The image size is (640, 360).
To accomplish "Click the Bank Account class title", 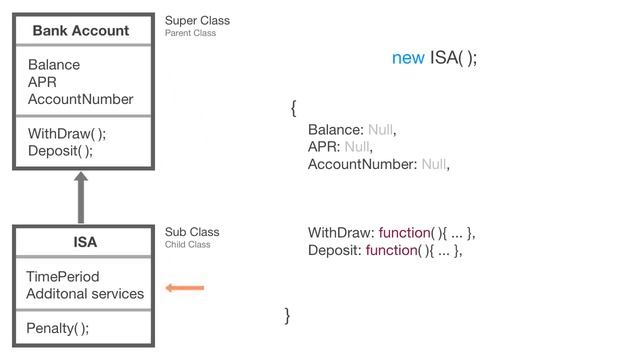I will tap(80, 31).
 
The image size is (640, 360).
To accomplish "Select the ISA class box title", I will tap(85, 242).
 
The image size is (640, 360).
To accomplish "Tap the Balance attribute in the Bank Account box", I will tap(54, 65).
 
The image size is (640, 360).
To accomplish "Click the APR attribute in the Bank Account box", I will tap(42, 82).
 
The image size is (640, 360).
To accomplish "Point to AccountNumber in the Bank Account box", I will tap(80, 99).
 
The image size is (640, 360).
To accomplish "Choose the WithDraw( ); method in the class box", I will tap(67, 134).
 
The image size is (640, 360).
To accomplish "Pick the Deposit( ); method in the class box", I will tap(60, 151).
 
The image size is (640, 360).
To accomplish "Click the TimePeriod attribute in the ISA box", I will tap(63, 277).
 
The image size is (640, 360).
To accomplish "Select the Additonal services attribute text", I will tap(85, 294).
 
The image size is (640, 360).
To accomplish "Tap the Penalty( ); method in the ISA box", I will tap(57, 328).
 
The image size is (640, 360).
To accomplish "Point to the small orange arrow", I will tap(185, 289).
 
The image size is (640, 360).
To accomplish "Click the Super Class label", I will tap(197, 20).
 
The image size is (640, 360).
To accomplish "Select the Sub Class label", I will tap(192, 232).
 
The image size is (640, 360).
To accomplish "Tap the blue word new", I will tap(408, 58).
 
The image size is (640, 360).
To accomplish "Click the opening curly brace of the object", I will tap(293, 107).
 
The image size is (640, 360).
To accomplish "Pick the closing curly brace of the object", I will tap(288, 316).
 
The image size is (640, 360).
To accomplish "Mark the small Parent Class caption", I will tap(190, 33).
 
